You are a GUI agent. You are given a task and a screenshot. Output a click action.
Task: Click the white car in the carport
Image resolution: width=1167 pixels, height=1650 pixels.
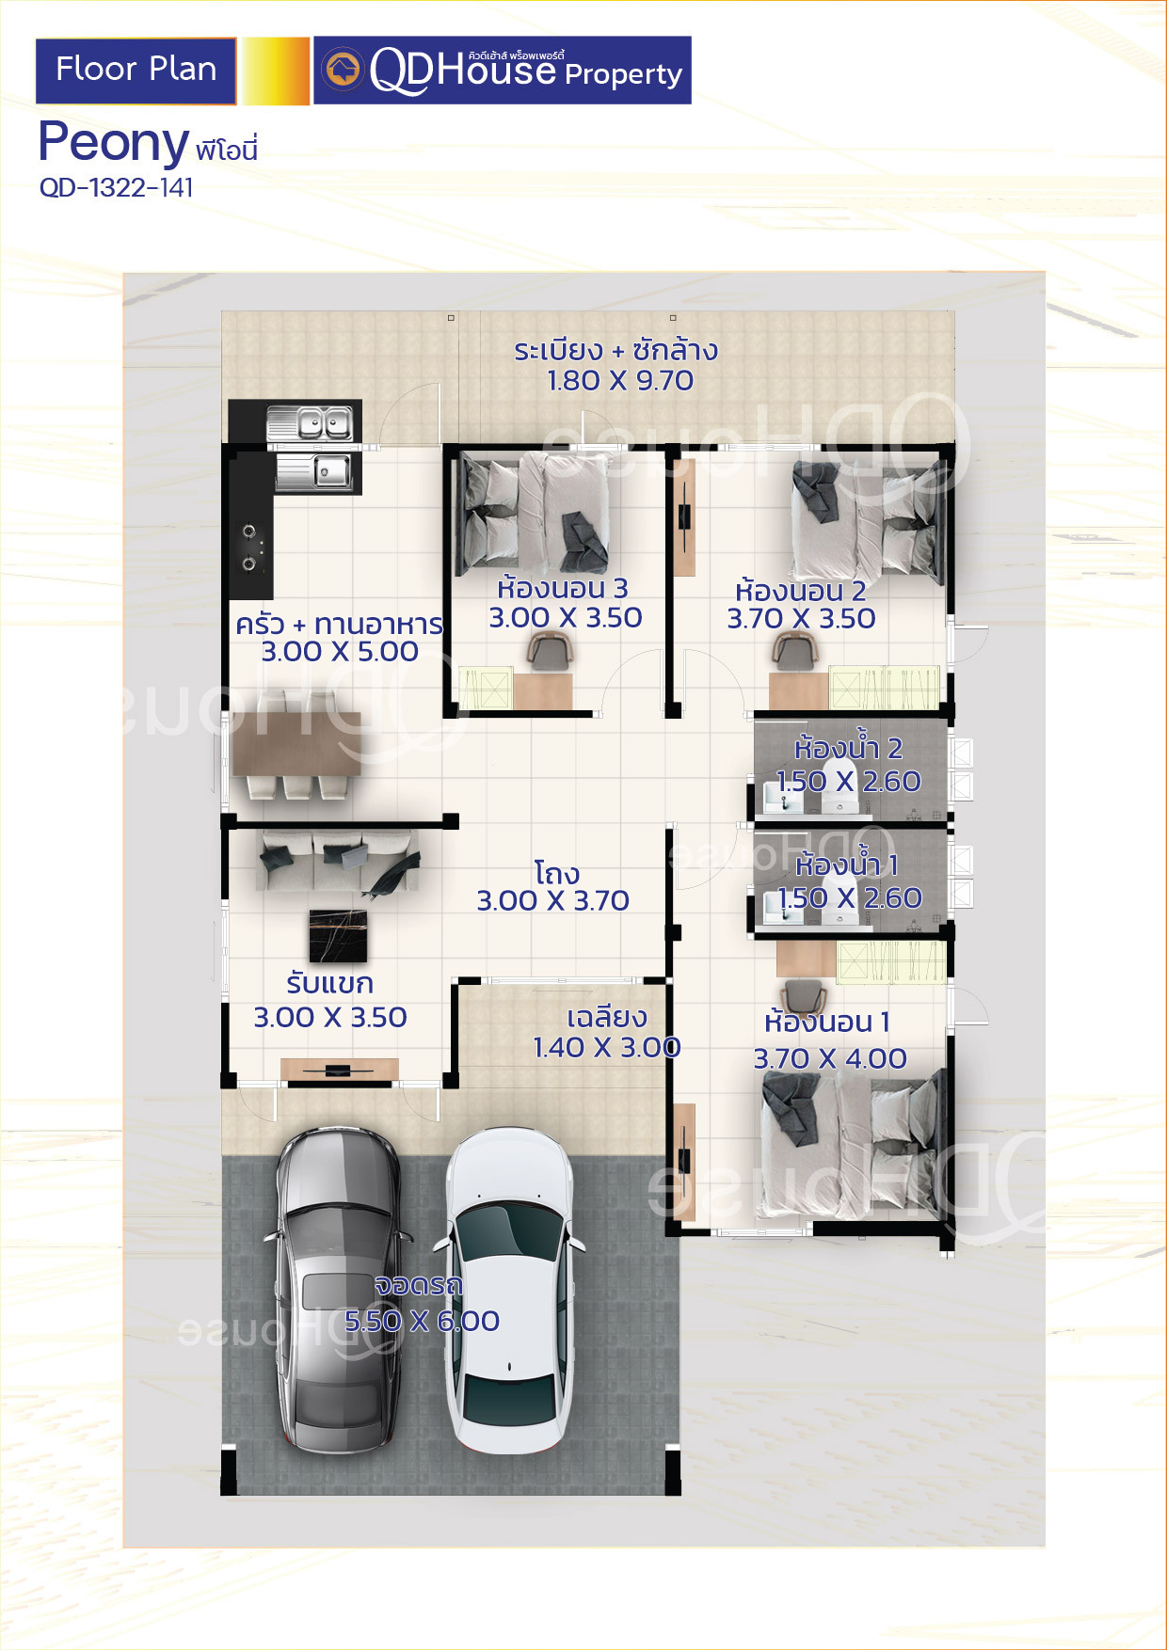click(508, 1291)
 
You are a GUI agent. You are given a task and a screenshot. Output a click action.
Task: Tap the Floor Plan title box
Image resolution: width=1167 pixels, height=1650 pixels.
click(136, 71)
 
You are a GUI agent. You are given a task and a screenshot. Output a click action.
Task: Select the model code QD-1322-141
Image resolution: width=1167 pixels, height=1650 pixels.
click(117, 188)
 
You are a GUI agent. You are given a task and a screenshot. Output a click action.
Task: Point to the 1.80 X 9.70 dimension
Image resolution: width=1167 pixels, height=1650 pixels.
click(620, 381)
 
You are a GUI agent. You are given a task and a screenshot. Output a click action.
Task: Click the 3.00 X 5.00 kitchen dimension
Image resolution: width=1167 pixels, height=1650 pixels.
click(340, 651)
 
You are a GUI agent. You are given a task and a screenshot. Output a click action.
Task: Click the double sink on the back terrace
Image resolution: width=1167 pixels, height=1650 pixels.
click(310, 423)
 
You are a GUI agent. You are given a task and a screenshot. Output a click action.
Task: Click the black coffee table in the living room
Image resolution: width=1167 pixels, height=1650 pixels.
click(338, 936)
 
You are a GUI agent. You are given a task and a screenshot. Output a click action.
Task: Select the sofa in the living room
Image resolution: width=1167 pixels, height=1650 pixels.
click(338, 860)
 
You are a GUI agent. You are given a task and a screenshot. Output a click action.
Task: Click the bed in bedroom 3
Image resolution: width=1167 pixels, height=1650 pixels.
click(532, 513)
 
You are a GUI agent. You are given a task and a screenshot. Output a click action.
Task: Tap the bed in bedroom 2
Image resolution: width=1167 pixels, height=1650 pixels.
click(866, 517)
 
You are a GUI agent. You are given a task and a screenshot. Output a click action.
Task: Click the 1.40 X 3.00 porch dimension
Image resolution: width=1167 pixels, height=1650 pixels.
click(607, 1047)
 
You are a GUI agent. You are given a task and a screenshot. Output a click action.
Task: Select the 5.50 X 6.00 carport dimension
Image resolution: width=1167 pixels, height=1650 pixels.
click(422, 1321)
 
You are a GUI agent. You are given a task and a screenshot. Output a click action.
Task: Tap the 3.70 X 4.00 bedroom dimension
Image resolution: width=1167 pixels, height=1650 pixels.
click(830, 1059)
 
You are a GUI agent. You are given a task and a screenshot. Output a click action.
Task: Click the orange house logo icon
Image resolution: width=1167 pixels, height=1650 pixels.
click(343, 70)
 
